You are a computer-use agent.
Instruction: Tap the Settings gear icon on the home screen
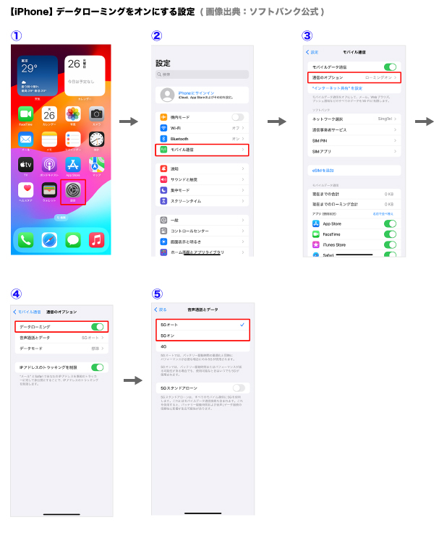(x=73, y=191)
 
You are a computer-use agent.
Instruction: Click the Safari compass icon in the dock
(x=49, y=239)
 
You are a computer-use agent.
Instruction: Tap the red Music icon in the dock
(x=97, y=239)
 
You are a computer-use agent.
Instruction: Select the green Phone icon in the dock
(x=25, y=239)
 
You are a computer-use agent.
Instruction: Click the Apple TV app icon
(x=25, y=165)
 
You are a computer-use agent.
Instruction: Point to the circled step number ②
(x=156, y=36)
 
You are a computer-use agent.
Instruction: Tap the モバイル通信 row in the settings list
(x=202, y=150)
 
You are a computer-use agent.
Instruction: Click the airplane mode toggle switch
(x=237, y=117)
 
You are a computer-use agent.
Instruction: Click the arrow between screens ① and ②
(x=129, y=121)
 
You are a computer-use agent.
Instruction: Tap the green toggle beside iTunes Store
(x=391, y=245)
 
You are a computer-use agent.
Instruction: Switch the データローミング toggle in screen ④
(x=98, y=327)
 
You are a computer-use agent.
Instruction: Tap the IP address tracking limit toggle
(x=98, y=367)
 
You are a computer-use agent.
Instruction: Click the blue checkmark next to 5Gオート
(x=242, y=325)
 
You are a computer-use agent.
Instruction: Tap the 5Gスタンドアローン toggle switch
(x=238, y=388)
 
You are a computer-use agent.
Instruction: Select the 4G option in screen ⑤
(x=164, y=346)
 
